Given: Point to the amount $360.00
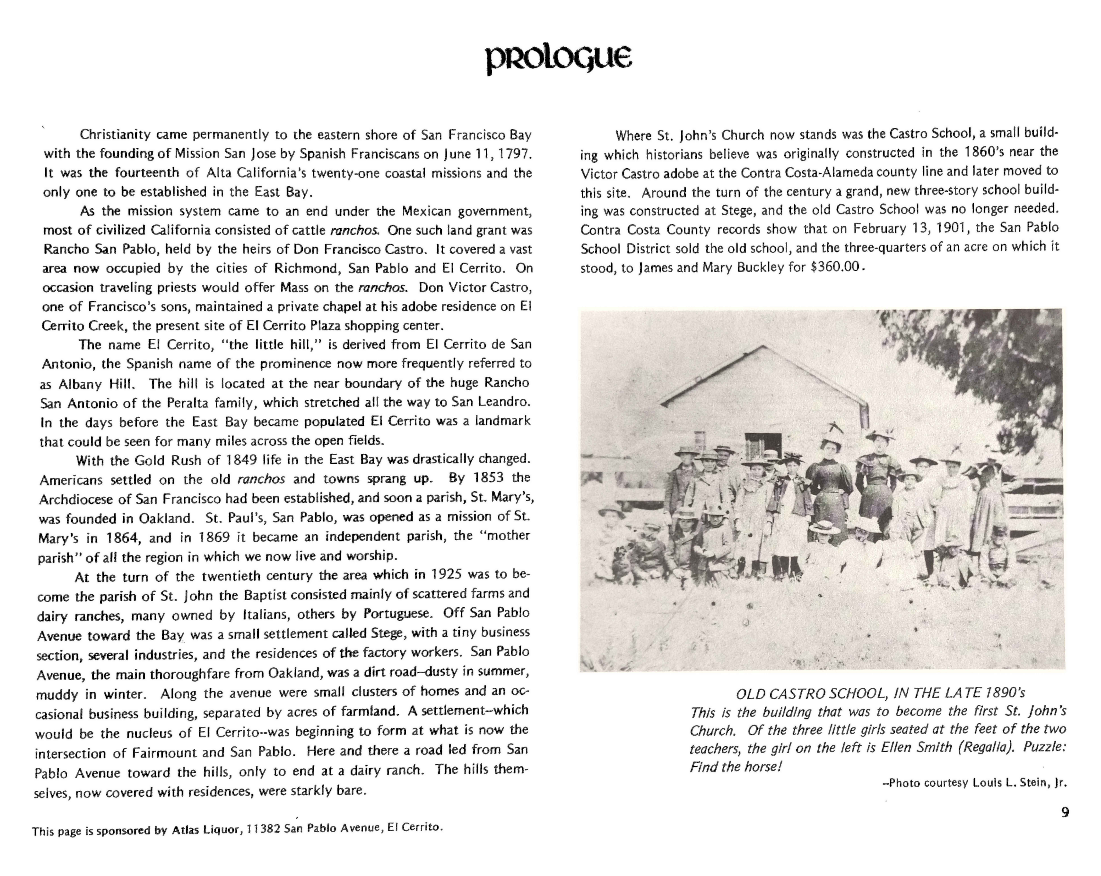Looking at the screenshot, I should pos(835,268).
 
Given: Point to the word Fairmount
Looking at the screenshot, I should pos(164,753).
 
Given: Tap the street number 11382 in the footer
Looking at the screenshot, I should pos(263,829).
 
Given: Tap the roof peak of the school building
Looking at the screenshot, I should pos(763,347).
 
